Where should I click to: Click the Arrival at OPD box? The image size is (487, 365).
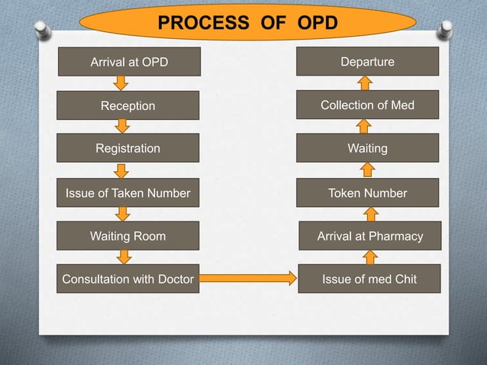[x=128, y=62]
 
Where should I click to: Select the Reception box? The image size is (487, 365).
[x=128, y=105]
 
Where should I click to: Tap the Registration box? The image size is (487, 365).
[x=128, y=148]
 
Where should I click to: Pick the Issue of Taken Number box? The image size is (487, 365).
[x=128, y=193]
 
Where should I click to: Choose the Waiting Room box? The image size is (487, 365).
[x=128, y=236]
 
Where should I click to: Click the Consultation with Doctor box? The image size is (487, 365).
[x=128, y=279]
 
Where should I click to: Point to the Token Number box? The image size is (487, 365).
[x=367, y=193]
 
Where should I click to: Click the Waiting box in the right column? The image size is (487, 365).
[x=367, y=148]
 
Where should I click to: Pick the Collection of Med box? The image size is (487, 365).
[x=367, y=105]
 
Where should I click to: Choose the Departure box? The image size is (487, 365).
[x=367, y=62]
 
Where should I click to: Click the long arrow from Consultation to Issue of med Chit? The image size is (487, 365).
[x=247, y=279]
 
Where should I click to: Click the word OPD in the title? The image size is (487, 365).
[x=312, y=23]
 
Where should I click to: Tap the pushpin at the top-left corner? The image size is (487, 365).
[x=44, y=30]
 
